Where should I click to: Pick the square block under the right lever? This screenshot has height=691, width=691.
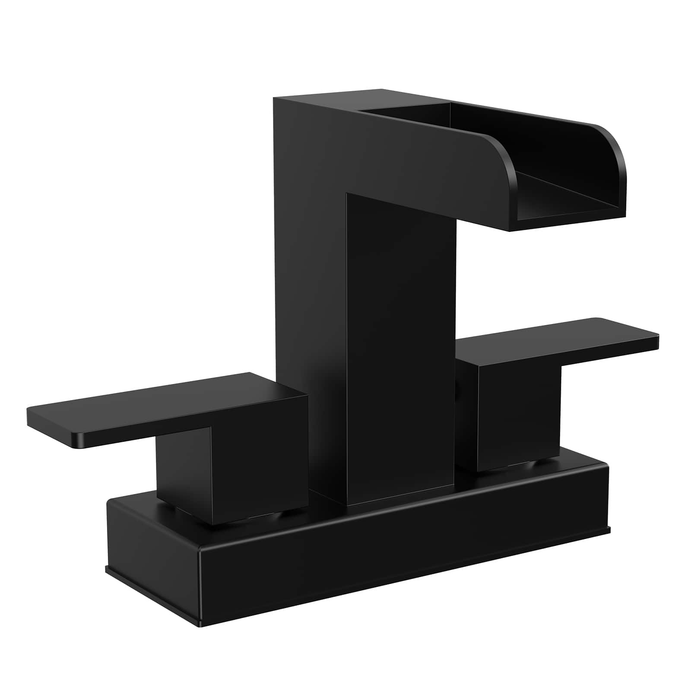click(x=518, y=419)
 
